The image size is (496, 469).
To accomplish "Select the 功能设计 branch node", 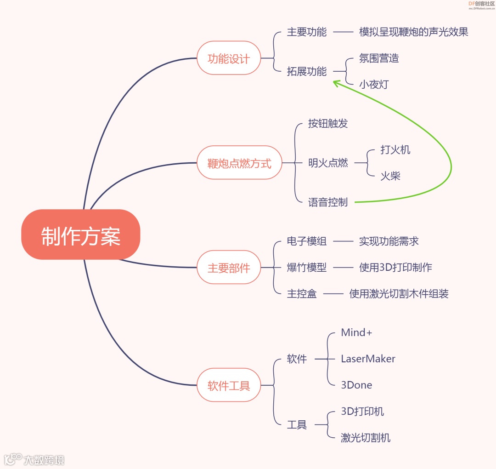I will coord(229,58).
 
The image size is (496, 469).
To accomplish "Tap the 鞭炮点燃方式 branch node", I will coord(239,163).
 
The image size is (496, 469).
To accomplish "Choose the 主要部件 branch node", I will coord(229,268).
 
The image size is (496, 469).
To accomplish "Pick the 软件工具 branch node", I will coord(229,385).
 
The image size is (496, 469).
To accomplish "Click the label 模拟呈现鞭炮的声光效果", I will coord(413,32).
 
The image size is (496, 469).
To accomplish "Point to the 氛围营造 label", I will coord(379,58).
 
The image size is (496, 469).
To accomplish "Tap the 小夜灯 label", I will coord(374,85).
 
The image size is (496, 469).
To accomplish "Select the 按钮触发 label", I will coord(328,123).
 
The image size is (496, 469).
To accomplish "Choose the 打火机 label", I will coord(395,150).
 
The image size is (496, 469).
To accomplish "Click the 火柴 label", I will coord(390,176).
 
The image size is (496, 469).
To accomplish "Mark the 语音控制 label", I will coord(328,202).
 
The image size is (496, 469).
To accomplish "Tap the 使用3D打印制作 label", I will coord(395,267).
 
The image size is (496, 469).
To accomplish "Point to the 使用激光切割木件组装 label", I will coord(399,294).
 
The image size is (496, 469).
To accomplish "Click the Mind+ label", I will coord(356,332).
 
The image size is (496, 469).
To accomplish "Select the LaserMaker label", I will coord(368,359).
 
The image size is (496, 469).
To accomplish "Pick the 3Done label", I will coord(356,385).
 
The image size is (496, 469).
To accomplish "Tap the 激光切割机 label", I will coord(366,438).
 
